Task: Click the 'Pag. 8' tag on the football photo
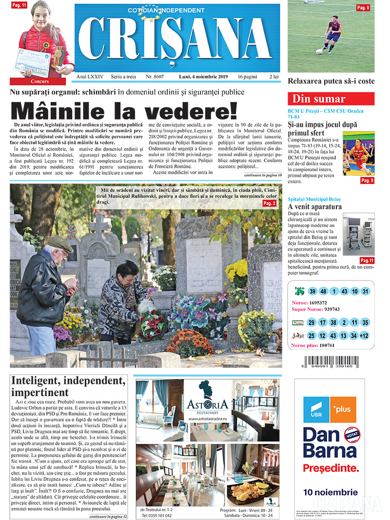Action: click(363, 7)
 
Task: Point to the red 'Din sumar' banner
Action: click(331, 99)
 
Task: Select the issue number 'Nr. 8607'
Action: click(155, 77)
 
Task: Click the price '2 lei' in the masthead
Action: click(274, 77)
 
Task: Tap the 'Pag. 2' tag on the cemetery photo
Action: click(270, 203)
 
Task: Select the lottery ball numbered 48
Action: click(323, 292)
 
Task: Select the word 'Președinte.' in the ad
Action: click(331, 468)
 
